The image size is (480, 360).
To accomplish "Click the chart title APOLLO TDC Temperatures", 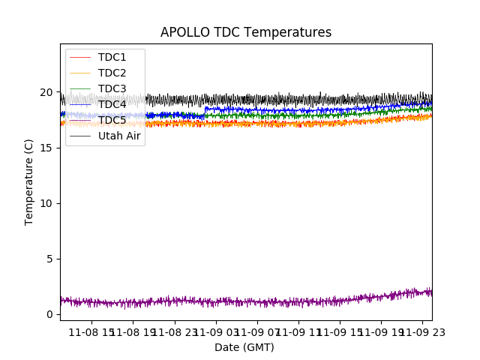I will click(246, 32).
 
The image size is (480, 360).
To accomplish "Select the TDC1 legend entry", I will click(112, 57).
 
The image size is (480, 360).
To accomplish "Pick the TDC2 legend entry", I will click(112, 73).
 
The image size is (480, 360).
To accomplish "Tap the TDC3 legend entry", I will click(112, 88).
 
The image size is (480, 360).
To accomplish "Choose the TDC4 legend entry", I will click(112, 104).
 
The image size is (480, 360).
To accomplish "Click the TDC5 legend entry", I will click(112, 120).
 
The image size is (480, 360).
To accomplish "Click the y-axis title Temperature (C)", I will click(29, 181).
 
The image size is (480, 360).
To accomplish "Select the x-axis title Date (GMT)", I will click(244, 347).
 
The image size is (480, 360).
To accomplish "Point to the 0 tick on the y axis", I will click(49, 314).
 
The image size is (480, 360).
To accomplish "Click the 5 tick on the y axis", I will click(49, 259).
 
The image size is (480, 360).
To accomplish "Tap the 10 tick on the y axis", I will click(46, 203).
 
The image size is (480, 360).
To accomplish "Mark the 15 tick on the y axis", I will click(46, 148).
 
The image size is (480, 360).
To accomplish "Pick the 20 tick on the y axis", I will click(46, 92).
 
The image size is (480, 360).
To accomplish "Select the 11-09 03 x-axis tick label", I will click(217, 332).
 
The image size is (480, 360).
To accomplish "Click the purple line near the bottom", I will click(225, 302).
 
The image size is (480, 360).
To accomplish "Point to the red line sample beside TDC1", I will click(80, 57).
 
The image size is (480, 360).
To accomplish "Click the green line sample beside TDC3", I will click(80, 88).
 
